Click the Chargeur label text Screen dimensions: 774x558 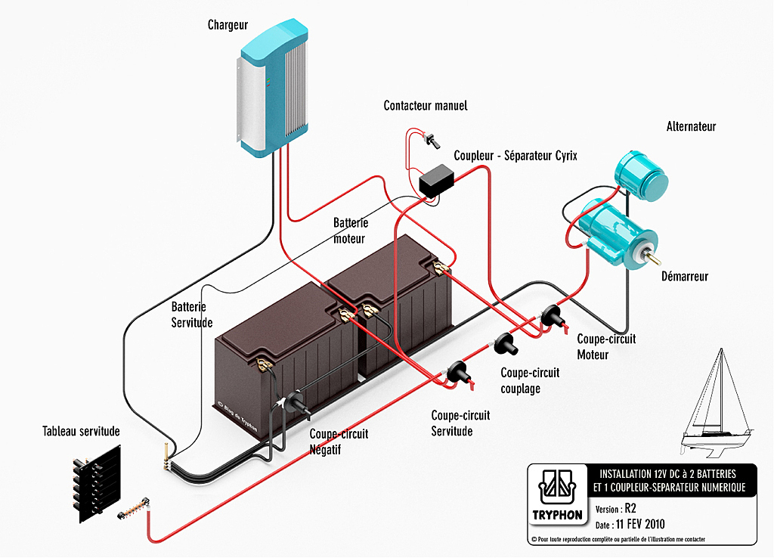point(228,25)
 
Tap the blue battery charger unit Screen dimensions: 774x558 point(273,88)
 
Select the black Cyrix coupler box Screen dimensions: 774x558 point(436,181)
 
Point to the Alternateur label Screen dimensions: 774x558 point(691,126)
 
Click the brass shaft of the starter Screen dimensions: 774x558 point(652,255)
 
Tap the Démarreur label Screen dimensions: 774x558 point(685,276)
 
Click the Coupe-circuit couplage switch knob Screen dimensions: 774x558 point(506,344)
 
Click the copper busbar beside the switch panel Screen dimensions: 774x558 point(134,509)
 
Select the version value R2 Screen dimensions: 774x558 point(630,508)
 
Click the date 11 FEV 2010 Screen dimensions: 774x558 point(640,524)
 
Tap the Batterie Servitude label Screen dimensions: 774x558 point(191,315)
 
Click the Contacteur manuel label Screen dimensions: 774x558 point(426,106)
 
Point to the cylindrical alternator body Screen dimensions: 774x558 point(641,176)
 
